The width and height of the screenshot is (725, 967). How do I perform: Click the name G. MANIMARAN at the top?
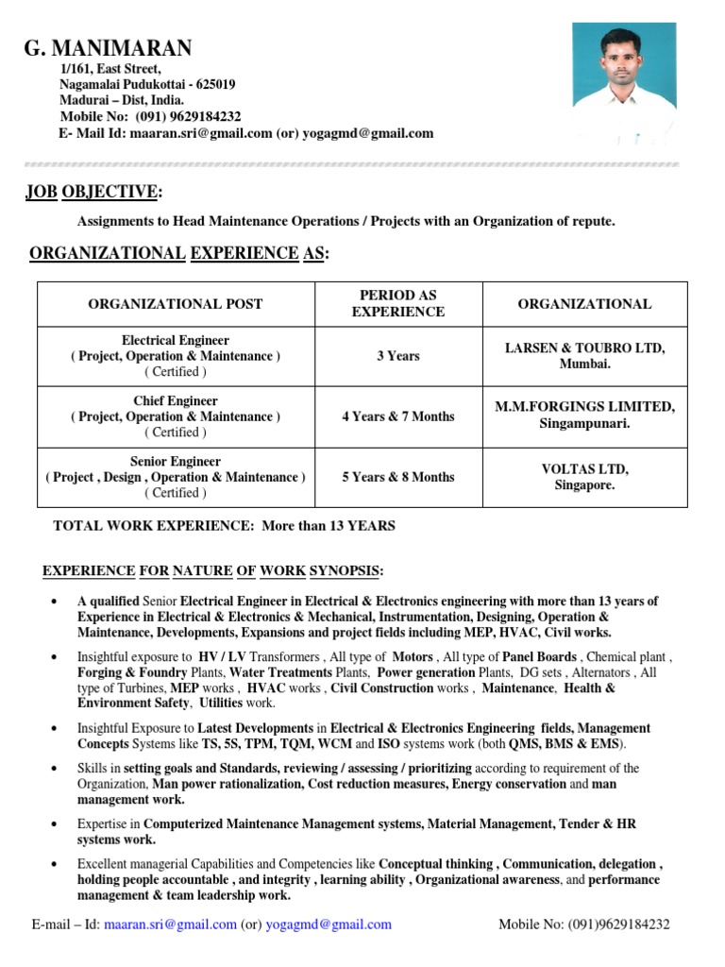coord(108,48)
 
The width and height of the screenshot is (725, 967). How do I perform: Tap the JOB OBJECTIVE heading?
coord(93,193)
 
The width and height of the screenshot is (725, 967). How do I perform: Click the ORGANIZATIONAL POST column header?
coord(176,304)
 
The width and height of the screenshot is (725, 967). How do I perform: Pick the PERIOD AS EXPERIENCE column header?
coord(397,303)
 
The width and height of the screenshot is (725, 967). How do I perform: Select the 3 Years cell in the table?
coord(397,356)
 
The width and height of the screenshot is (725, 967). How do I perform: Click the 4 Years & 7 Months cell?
coord(397,416)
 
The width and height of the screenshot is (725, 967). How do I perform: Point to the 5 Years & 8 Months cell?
coord(397,477)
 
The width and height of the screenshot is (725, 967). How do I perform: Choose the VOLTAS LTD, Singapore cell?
coord(584,477)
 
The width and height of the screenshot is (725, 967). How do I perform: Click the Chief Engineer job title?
coord(176,401)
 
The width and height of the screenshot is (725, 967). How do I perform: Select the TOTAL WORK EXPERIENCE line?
coord(225,525)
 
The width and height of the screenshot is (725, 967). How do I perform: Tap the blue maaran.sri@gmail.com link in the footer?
coord(170,925)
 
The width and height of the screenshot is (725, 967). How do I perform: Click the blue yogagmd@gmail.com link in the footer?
coord(329,925)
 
